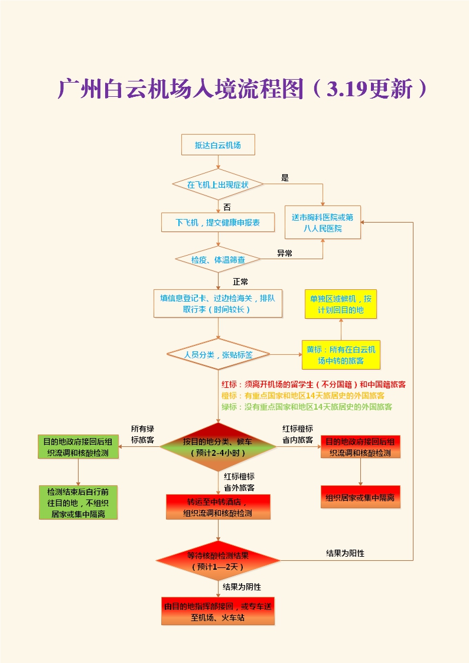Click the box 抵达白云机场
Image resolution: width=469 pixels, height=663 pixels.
(217, 145)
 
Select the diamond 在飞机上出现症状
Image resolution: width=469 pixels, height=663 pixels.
(217, 184)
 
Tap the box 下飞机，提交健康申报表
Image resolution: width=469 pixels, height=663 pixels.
(217, 223)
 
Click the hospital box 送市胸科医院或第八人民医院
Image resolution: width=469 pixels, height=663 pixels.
(323, 223)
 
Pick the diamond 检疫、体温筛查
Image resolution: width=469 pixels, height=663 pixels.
(217, 259)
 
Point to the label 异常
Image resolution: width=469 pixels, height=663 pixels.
(285, 253)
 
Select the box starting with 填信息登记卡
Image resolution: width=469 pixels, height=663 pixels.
(217, 303)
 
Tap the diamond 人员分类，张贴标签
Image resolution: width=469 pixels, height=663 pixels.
(217, 355)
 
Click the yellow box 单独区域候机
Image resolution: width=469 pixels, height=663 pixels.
(341, 304)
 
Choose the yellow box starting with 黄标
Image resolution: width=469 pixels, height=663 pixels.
(340, 355)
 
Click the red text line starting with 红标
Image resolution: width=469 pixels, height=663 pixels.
(313, 384)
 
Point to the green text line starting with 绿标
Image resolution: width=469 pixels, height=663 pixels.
(307, 407)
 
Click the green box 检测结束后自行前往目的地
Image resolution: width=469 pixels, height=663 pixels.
(78, 502)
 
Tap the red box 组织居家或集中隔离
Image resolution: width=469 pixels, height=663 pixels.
(360, 497)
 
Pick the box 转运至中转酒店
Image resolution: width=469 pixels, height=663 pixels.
(217, 507)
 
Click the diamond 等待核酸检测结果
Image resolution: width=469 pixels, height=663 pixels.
(217, 560)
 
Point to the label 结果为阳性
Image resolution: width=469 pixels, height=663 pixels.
(345, 553)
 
